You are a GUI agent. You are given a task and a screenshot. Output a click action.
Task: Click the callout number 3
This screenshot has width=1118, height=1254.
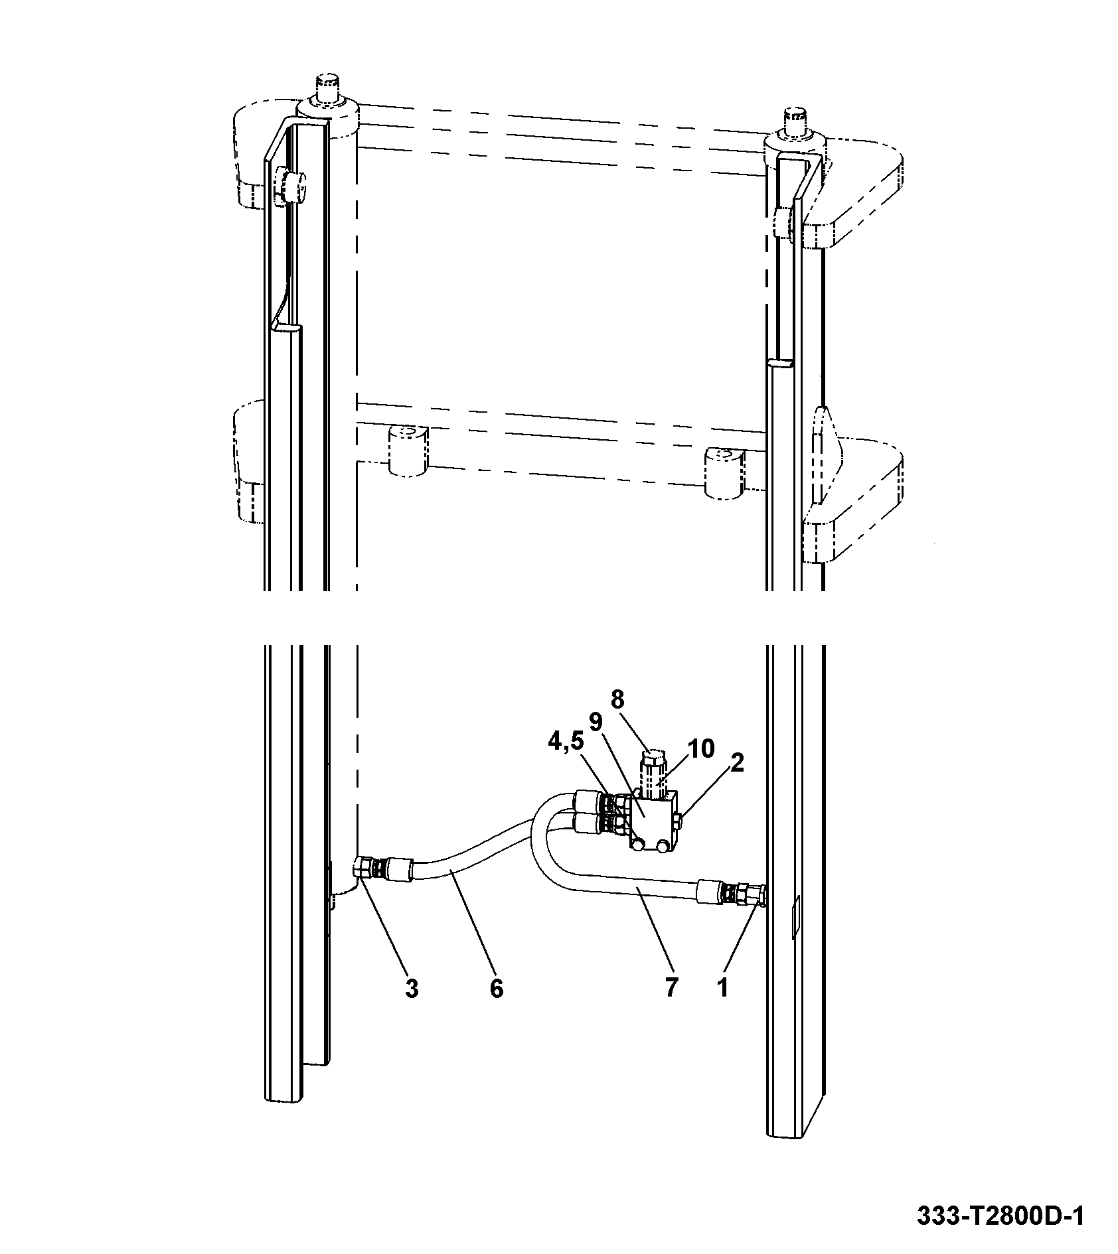[x=412, y=1007]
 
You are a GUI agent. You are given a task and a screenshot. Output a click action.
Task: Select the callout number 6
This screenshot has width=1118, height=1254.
[x=497, y=1007]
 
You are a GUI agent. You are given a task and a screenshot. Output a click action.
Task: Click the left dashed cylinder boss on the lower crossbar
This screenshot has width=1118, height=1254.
[x=408, y=451]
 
